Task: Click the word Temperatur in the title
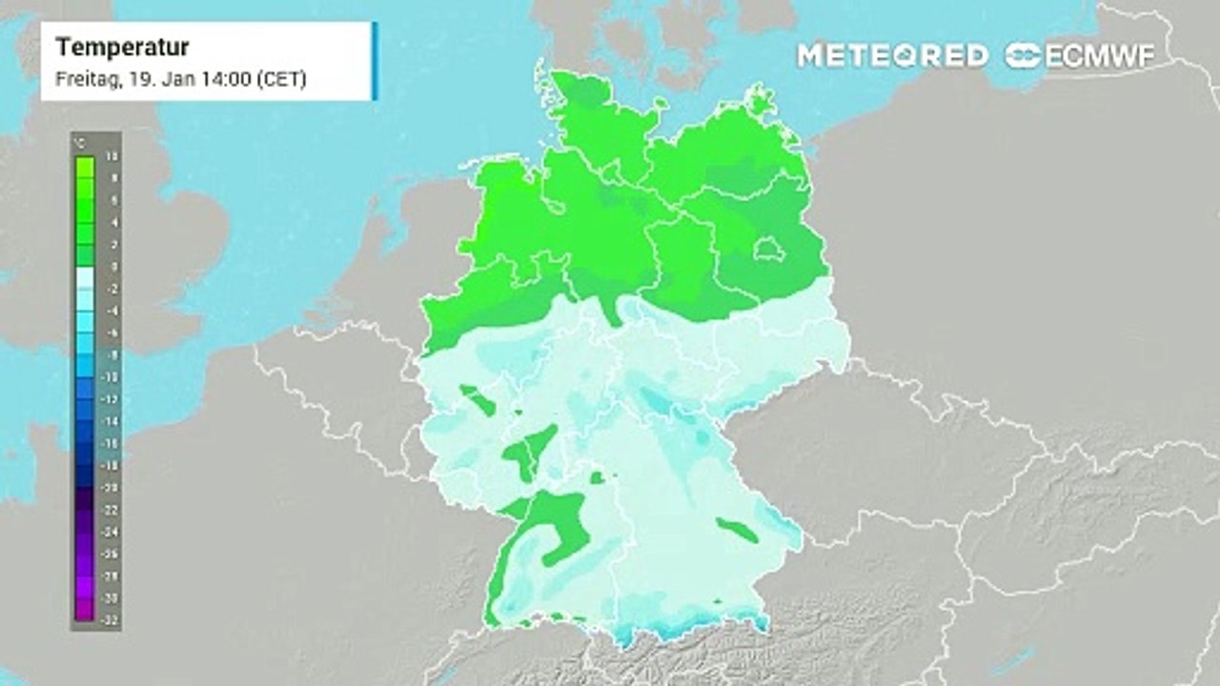pyautogui.click(x=123, y=48)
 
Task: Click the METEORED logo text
pyautogui.click(x=892, y=55)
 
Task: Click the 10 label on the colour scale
pyautogui.click(x=113, y=156)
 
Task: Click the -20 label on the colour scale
pyautogui.click(x=112, y=488)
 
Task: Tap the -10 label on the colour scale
pyautogui.click(x=112, y=377)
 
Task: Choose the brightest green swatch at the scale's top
pyautogui.click(x=84, y=168)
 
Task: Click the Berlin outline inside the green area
pyautogui.click(x=769, y=251)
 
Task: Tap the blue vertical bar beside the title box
pyautogui.click(x=375, y=60)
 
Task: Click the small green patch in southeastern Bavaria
pyautogui.click(x=738, y=530)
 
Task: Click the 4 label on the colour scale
pyautogui.click(x=113, y=223)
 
